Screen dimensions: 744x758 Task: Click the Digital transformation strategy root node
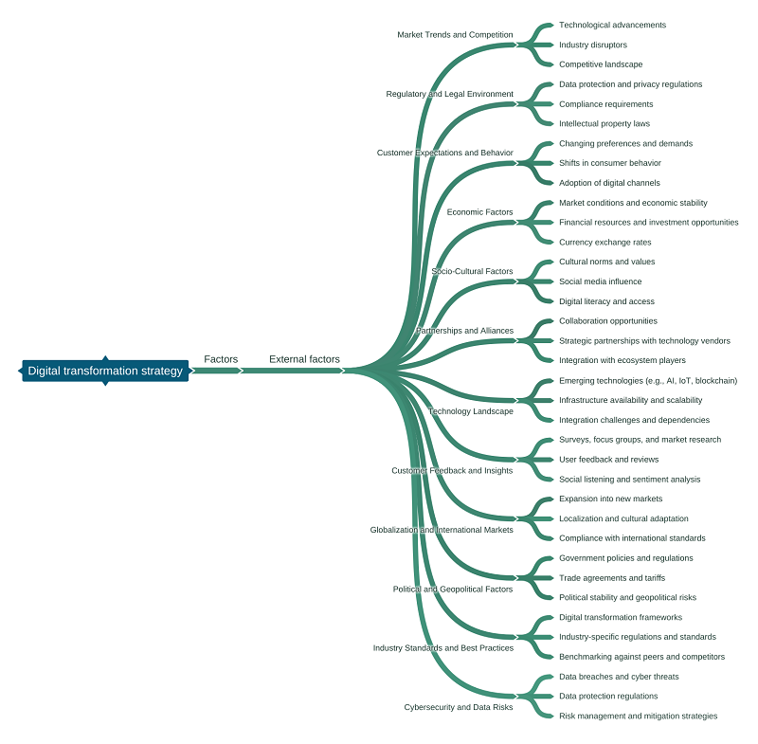(x=105, y=371)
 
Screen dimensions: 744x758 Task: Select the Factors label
(x=221, y=359)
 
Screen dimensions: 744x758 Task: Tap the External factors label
(x=304, y=359)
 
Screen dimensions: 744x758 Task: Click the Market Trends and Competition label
(x=455, y=35)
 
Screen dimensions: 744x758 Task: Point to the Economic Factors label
(x=479, y=212)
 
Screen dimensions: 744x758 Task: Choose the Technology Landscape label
(x=470, y=411)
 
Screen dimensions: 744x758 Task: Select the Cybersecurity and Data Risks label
(x=458, y=707)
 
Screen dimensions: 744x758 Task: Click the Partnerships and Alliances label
(x=464, y=331)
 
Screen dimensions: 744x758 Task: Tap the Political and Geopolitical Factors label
(x=453, y=589)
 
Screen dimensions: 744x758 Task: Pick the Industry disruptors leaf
(x=592, y=45)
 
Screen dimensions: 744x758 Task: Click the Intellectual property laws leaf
(x=605, y=123)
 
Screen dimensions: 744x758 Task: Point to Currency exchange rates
(x=605, y=242)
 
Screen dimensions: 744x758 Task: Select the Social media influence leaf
(x=600, y=281)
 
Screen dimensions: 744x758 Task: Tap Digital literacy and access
(x=606, y=301)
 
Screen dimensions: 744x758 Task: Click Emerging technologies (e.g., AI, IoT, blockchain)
(x=647, y=380)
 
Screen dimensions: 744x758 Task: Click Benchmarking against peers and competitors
(x=641, y=657)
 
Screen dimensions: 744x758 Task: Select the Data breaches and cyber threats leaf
(x=619, y=677)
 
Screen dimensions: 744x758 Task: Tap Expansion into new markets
(x=610, y=499)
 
